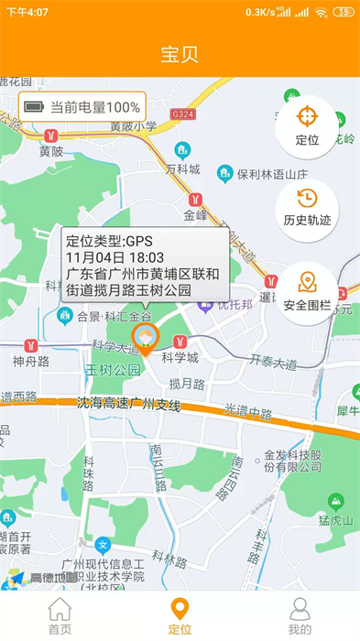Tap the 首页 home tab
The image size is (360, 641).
click(x=60, y=615)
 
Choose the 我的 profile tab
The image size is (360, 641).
click(x=300, y=615)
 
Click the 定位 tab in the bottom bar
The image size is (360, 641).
click(x=180, y=615)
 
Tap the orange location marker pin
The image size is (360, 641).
click(x=145, y=338)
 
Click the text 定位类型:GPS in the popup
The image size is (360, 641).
click(x=100, y=241)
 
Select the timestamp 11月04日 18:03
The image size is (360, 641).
click(x=115, y=257)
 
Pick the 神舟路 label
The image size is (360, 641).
click(x=30, y=361)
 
